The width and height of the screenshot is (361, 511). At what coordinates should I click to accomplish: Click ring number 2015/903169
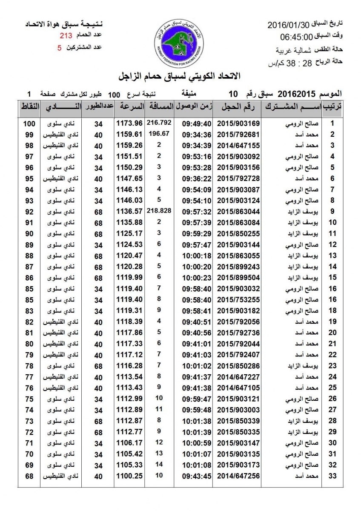click(238, 123)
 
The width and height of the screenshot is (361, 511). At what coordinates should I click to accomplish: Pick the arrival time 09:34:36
click(197, 135)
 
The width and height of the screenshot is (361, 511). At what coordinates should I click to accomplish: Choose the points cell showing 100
click(29, 123)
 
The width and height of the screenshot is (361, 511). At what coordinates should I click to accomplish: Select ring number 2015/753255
click(238, 300)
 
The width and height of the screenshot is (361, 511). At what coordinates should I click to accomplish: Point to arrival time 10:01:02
click(197, 366)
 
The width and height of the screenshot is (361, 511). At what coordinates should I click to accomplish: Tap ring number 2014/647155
click(238, 146)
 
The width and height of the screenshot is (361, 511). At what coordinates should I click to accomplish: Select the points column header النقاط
click(30, 106)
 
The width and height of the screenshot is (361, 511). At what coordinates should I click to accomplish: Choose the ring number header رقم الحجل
click(238, 106)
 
